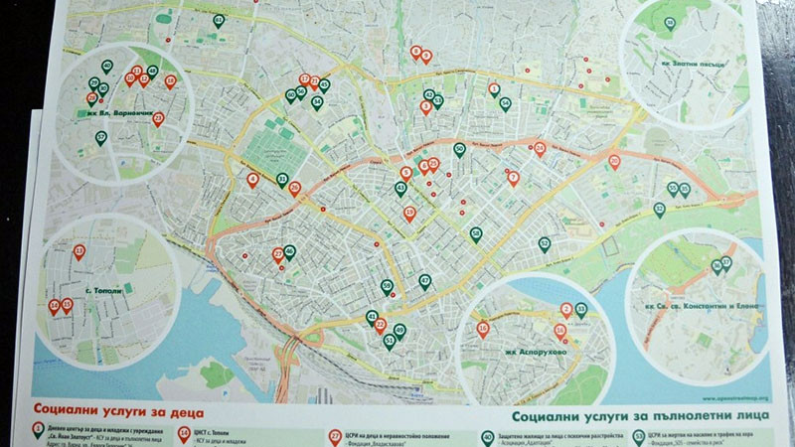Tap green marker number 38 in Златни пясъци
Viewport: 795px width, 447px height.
pos(669,23)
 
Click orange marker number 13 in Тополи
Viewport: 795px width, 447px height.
pos(79,252)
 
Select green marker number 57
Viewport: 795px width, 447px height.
pos(100,136)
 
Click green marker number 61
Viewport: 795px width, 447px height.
pos(219,20)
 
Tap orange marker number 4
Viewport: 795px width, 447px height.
pos(252,180)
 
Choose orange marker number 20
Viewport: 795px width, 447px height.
pos(614,161)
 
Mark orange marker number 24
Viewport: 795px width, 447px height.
pos(540,149)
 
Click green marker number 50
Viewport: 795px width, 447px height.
pos(459,150)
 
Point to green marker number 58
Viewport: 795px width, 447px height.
pos(476,234)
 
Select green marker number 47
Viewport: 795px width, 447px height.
pos(424,281)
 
